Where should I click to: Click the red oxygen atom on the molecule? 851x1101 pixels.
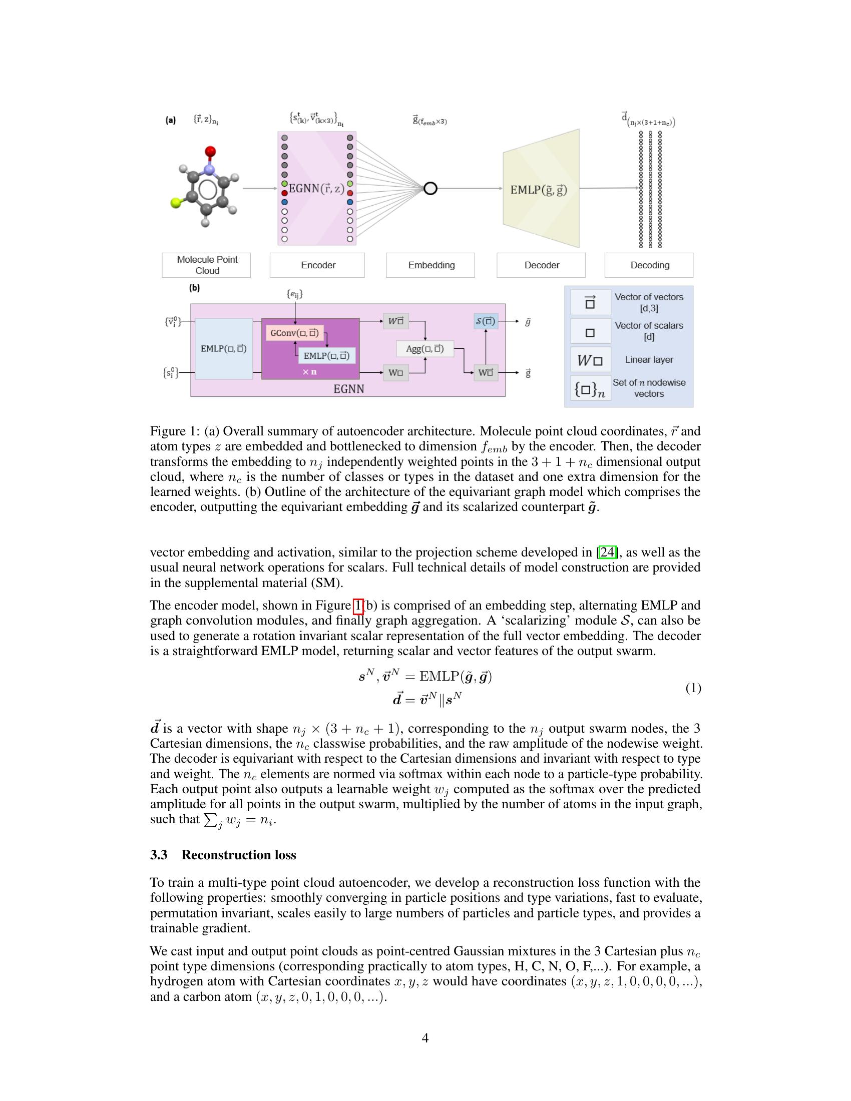[x=210, y=151]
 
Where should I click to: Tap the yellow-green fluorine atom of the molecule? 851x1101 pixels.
[x=175, y=203]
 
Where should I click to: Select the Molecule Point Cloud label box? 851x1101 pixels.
[x=206, y=265]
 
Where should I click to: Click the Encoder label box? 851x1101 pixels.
[x=317, y=265]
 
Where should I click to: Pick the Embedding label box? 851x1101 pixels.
[x=431, y=265]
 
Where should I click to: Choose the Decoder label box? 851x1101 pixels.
[x=541, y=265]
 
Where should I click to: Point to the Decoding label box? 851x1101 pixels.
[x=649, y=265]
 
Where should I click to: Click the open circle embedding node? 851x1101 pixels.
[x=430, y=189]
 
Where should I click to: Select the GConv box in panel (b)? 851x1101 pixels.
[x=294, y=333]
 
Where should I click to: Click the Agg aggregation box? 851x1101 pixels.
[x=425, y=348]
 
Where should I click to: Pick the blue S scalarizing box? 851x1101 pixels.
[x=486, y=322]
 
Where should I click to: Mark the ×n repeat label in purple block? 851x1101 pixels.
[x=309, y=372]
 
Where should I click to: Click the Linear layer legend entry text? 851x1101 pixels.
[x=649, y=359]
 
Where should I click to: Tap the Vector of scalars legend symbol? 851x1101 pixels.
[x=590, y=332]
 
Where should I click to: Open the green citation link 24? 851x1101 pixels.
[x=607, y=552]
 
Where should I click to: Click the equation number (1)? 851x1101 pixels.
[x=693, y=688]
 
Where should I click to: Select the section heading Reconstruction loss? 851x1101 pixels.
[x=238, y=854]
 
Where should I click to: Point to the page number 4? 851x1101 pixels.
[x=425, y=1037]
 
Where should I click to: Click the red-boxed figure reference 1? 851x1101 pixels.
[x=358, y=605]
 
